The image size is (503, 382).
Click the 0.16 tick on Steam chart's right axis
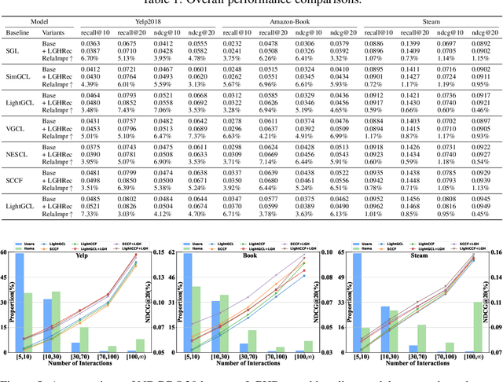496,253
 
